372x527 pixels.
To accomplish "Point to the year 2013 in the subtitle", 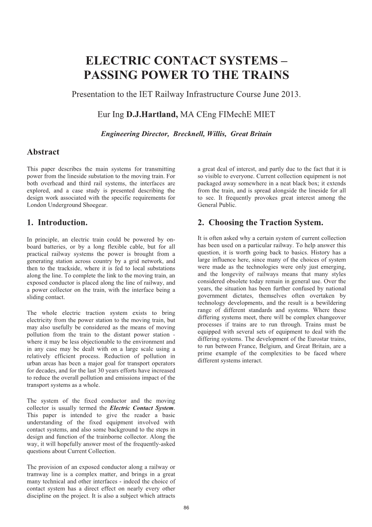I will point(290,95).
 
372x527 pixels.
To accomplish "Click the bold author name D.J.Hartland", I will point(152,114).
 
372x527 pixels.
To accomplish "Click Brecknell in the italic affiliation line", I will point(187,134).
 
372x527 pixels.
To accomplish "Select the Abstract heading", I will point(43,152).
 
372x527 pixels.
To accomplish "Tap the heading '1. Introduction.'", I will point(57,223).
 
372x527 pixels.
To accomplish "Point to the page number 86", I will point(186,508).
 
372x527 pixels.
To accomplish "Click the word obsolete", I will point(249,281).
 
